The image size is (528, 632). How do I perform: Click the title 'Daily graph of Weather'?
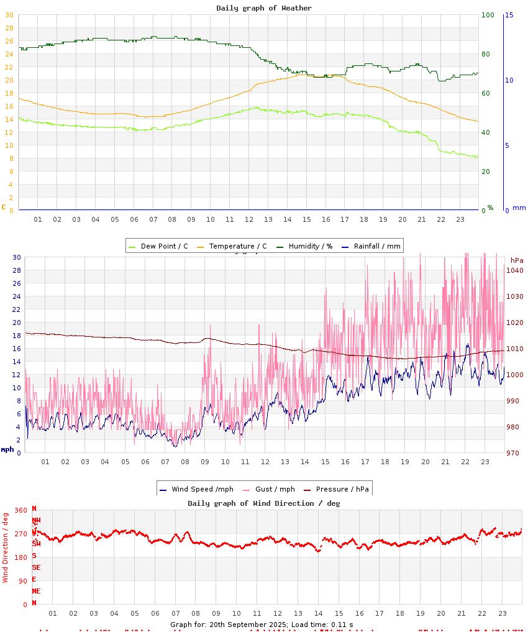coord(264,8)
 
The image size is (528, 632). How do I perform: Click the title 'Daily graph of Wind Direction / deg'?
coord(264,503)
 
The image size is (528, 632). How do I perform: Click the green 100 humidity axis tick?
coord(488,15)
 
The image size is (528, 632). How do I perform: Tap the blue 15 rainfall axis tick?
coord(509,15)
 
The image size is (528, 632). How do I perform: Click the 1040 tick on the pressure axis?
coord(516,270)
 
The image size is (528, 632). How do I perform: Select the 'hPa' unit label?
coord(517,260)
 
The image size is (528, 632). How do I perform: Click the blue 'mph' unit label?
coord(7,449)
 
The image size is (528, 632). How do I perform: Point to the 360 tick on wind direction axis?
coord(20,510)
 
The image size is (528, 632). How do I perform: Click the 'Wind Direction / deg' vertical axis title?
coord(6,547)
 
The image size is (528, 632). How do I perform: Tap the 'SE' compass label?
coord(36,567)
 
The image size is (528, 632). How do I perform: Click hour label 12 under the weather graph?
coord(249,219)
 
